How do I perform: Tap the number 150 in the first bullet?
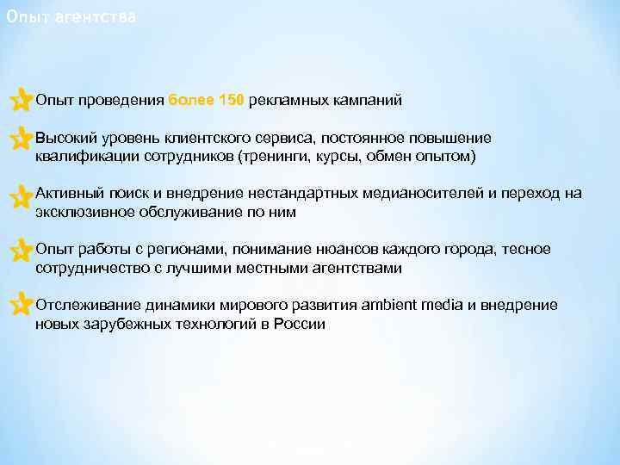point(231,101)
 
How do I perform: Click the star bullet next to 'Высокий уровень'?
point(19,139)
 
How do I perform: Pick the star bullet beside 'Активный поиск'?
point(19,196)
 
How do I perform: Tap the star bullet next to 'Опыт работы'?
point(19,251)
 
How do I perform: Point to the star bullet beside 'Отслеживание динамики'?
point(19,307)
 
